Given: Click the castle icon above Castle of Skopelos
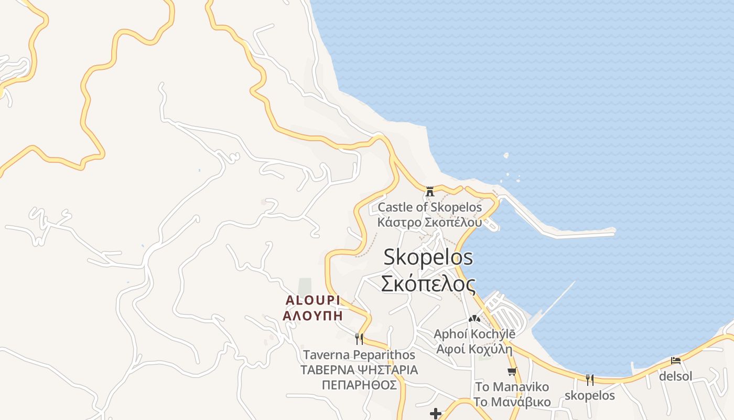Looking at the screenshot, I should click(430, 191).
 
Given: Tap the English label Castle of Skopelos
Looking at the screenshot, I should click(429, 207).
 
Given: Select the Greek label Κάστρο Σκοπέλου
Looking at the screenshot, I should click(429, 222).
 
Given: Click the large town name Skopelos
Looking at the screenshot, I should click(428, 257).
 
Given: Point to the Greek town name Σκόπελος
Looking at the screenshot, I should click(428, 284).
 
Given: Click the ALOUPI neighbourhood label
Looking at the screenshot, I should click(312, 300).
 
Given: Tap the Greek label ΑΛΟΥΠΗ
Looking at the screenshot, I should click(312, 316).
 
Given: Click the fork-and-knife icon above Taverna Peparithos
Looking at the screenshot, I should click(359, 339).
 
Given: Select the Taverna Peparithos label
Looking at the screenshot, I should click(359, 355).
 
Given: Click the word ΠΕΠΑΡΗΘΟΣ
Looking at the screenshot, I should click(359, 385).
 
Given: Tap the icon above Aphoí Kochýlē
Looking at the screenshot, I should click(474, 318).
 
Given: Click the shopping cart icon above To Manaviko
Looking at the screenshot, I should click(512, 371).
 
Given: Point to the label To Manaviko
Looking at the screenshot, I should click(512, 387).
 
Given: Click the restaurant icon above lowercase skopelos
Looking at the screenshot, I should click(590, 380).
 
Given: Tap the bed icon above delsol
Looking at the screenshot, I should click(676, 361).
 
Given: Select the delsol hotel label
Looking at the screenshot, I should click(676, 376).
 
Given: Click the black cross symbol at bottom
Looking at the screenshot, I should click(436, 414).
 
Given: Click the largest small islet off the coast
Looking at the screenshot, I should click(506, 155).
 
